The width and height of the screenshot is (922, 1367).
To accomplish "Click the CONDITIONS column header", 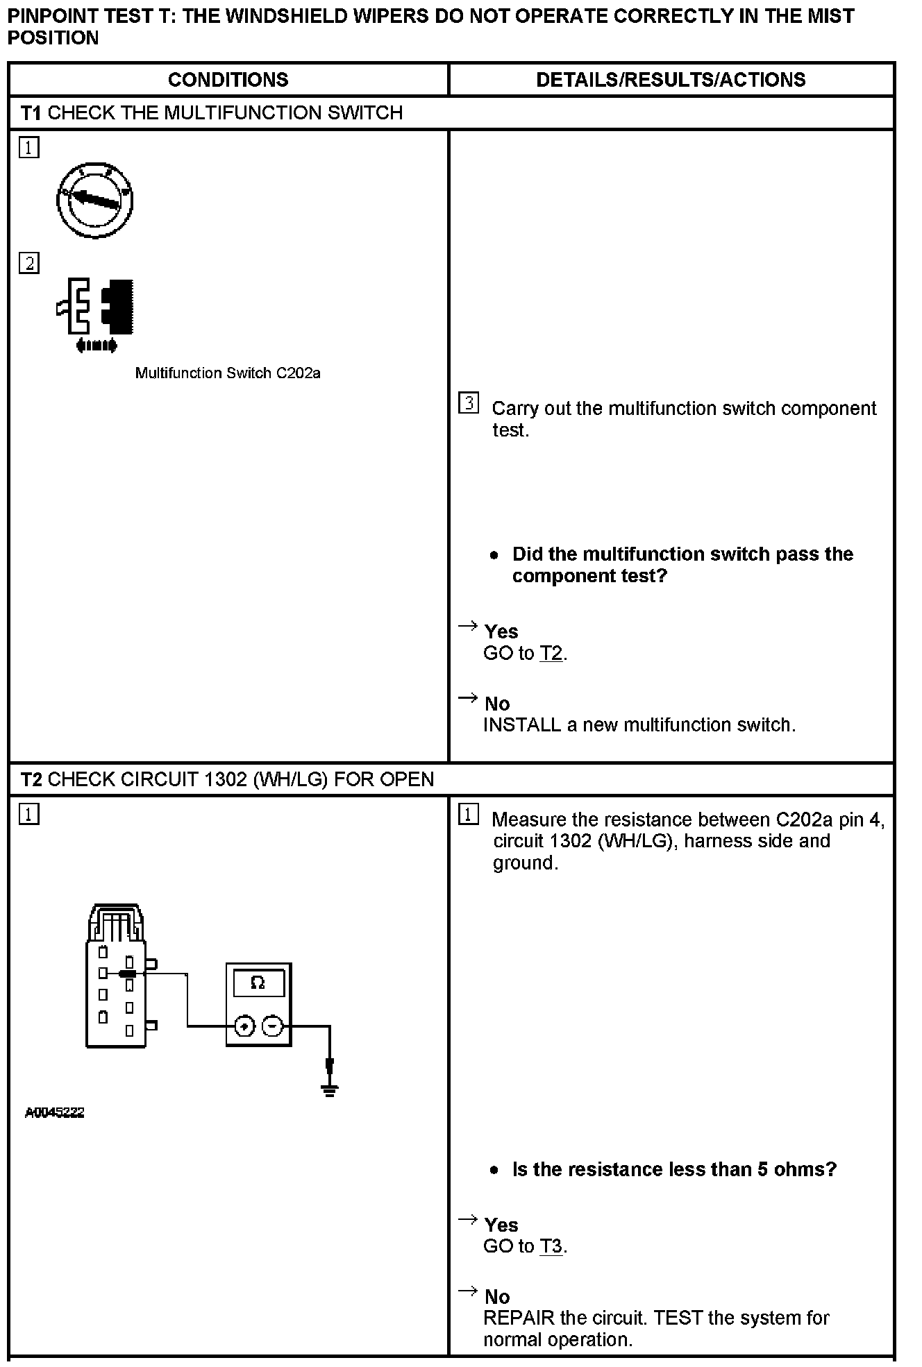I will coord(228,80).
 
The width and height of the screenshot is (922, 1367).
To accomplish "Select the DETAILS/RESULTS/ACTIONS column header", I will coord(671,80).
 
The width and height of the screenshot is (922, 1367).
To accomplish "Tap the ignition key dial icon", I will coord(95,201).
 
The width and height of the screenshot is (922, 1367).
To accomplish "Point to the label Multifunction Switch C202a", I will coord(228,373).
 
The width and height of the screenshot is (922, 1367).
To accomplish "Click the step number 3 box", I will coord(469,403).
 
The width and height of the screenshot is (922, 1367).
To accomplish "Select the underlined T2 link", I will coord(551,654).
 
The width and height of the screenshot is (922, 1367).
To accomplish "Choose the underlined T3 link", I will coord(551,1247).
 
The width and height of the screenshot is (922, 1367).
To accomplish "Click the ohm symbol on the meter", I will coord(258,983).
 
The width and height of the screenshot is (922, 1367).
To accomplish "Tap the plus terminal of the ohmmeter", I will coord(244,1026).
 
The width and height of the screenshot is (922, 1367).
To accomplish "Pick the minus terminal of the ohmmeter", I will coord(273,1026).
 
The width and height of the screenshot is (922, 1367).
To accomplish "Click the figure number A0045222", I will coord(54,1112).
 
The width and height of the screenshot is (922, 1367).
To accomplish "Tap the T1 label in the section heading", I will coord(31,113).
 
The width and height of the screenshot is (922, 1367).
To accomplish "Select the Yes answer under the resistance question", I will coord(501,1225).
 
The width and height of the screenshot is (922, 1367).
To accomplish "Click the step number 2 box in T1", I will coord(29,264).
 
